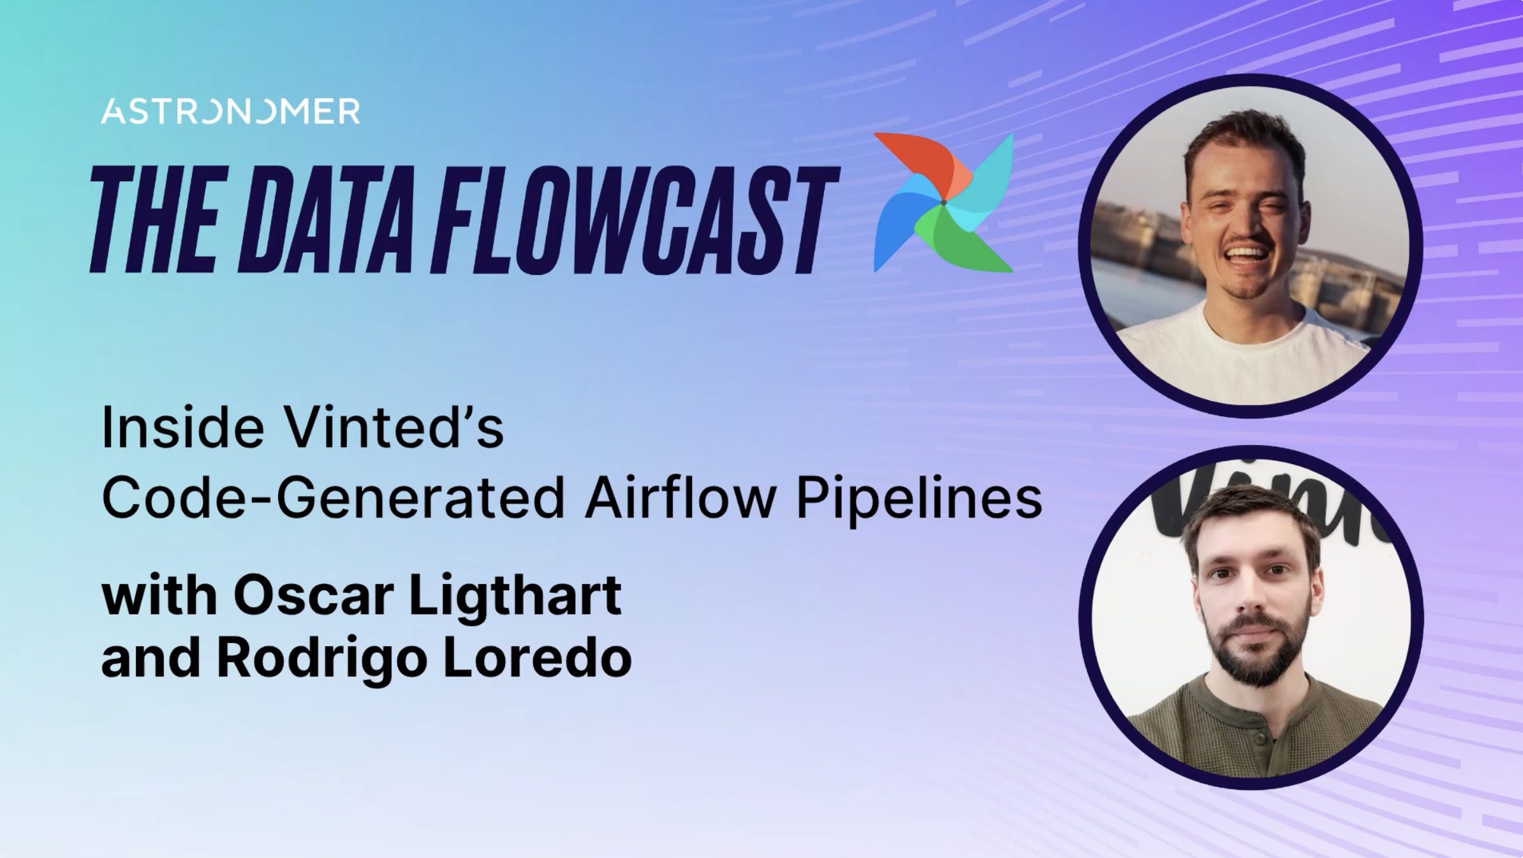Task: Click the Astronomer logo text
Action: [x=230, y=112]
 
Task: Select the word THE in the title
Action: [x=153, y=220]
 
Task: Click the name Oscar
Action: [x=313, y=596]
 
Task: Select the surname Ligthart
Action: [x=514, y=596]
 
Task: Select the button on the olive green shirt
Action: [x=1261, y=738]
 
